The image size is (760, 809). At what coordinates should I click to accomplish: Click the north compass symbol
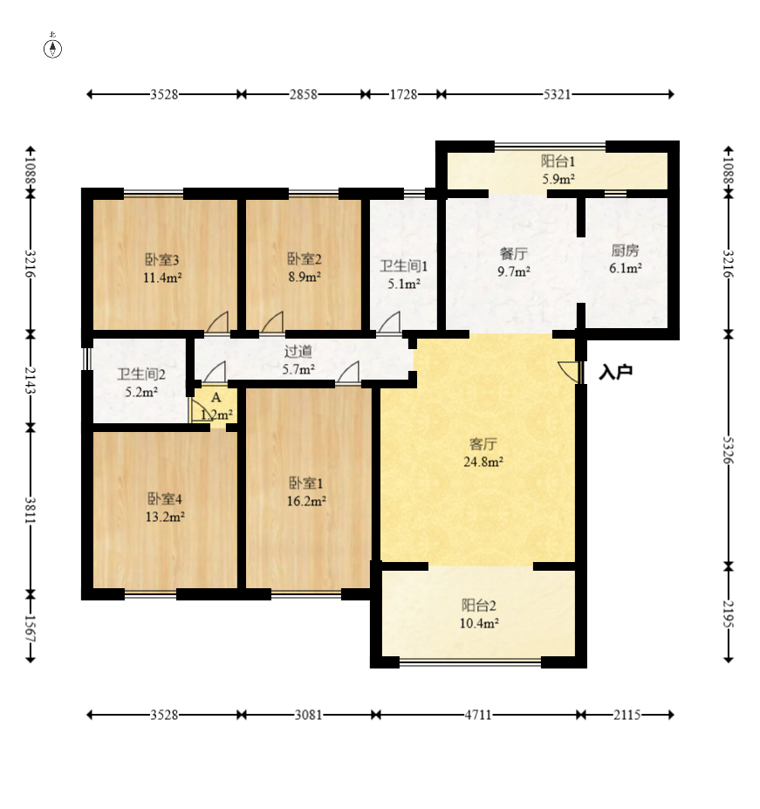click(x=52, y=47)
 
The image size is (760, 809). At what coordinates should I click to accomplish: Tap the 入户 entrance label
click(x=616, y=372)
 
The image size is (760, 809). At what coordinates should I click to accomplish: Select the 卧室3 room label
click(x=161, y=259)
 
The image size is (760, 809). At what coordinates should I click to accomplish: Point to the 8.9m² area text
click(x=305, y=277)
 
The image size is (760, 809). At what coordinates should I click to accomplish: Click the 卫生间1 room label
click(x=404, y=266)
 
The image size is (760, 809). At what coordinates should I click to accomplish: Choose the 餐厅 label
click(x=514, y=254)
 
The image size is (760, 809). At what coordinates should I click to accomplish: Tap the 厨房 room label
click(x=626, y=250)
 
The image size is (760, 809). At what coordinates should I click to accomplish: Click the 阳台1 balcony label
click(x=558, y=161)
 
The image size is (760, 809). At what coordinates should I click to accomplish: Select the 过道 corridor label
click(x=298, y=352)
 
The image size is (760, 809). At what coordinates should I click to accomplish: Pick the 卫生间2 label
click(x=141, y=374)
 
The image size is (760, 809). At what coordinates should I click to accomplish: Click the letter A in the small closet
click(x=216, y=397)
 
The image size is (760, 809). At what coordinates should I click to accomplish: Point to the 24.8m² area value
click(x=483, y=462)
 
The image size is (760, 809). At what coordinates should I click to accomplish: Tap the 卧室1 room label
click(x=306, y=483)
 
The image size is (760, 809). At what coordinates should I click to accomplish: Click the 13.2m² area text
click(x=165, y=517)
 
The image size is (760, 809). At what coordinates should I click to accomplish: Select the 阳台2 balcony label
click(x=479, y=605)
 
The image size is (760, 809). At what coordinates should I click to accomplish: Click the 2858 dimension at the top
click(x=304, y=94)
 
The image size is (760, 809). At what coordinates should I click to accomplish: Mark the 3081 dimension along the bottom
click(x=309, y=715)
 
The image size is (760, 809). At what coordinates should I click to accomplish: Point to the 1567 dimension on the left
click(x=31, y=628)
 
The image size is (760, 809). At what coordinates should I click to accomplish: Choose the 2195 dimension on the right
click(x=728, y=614)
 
